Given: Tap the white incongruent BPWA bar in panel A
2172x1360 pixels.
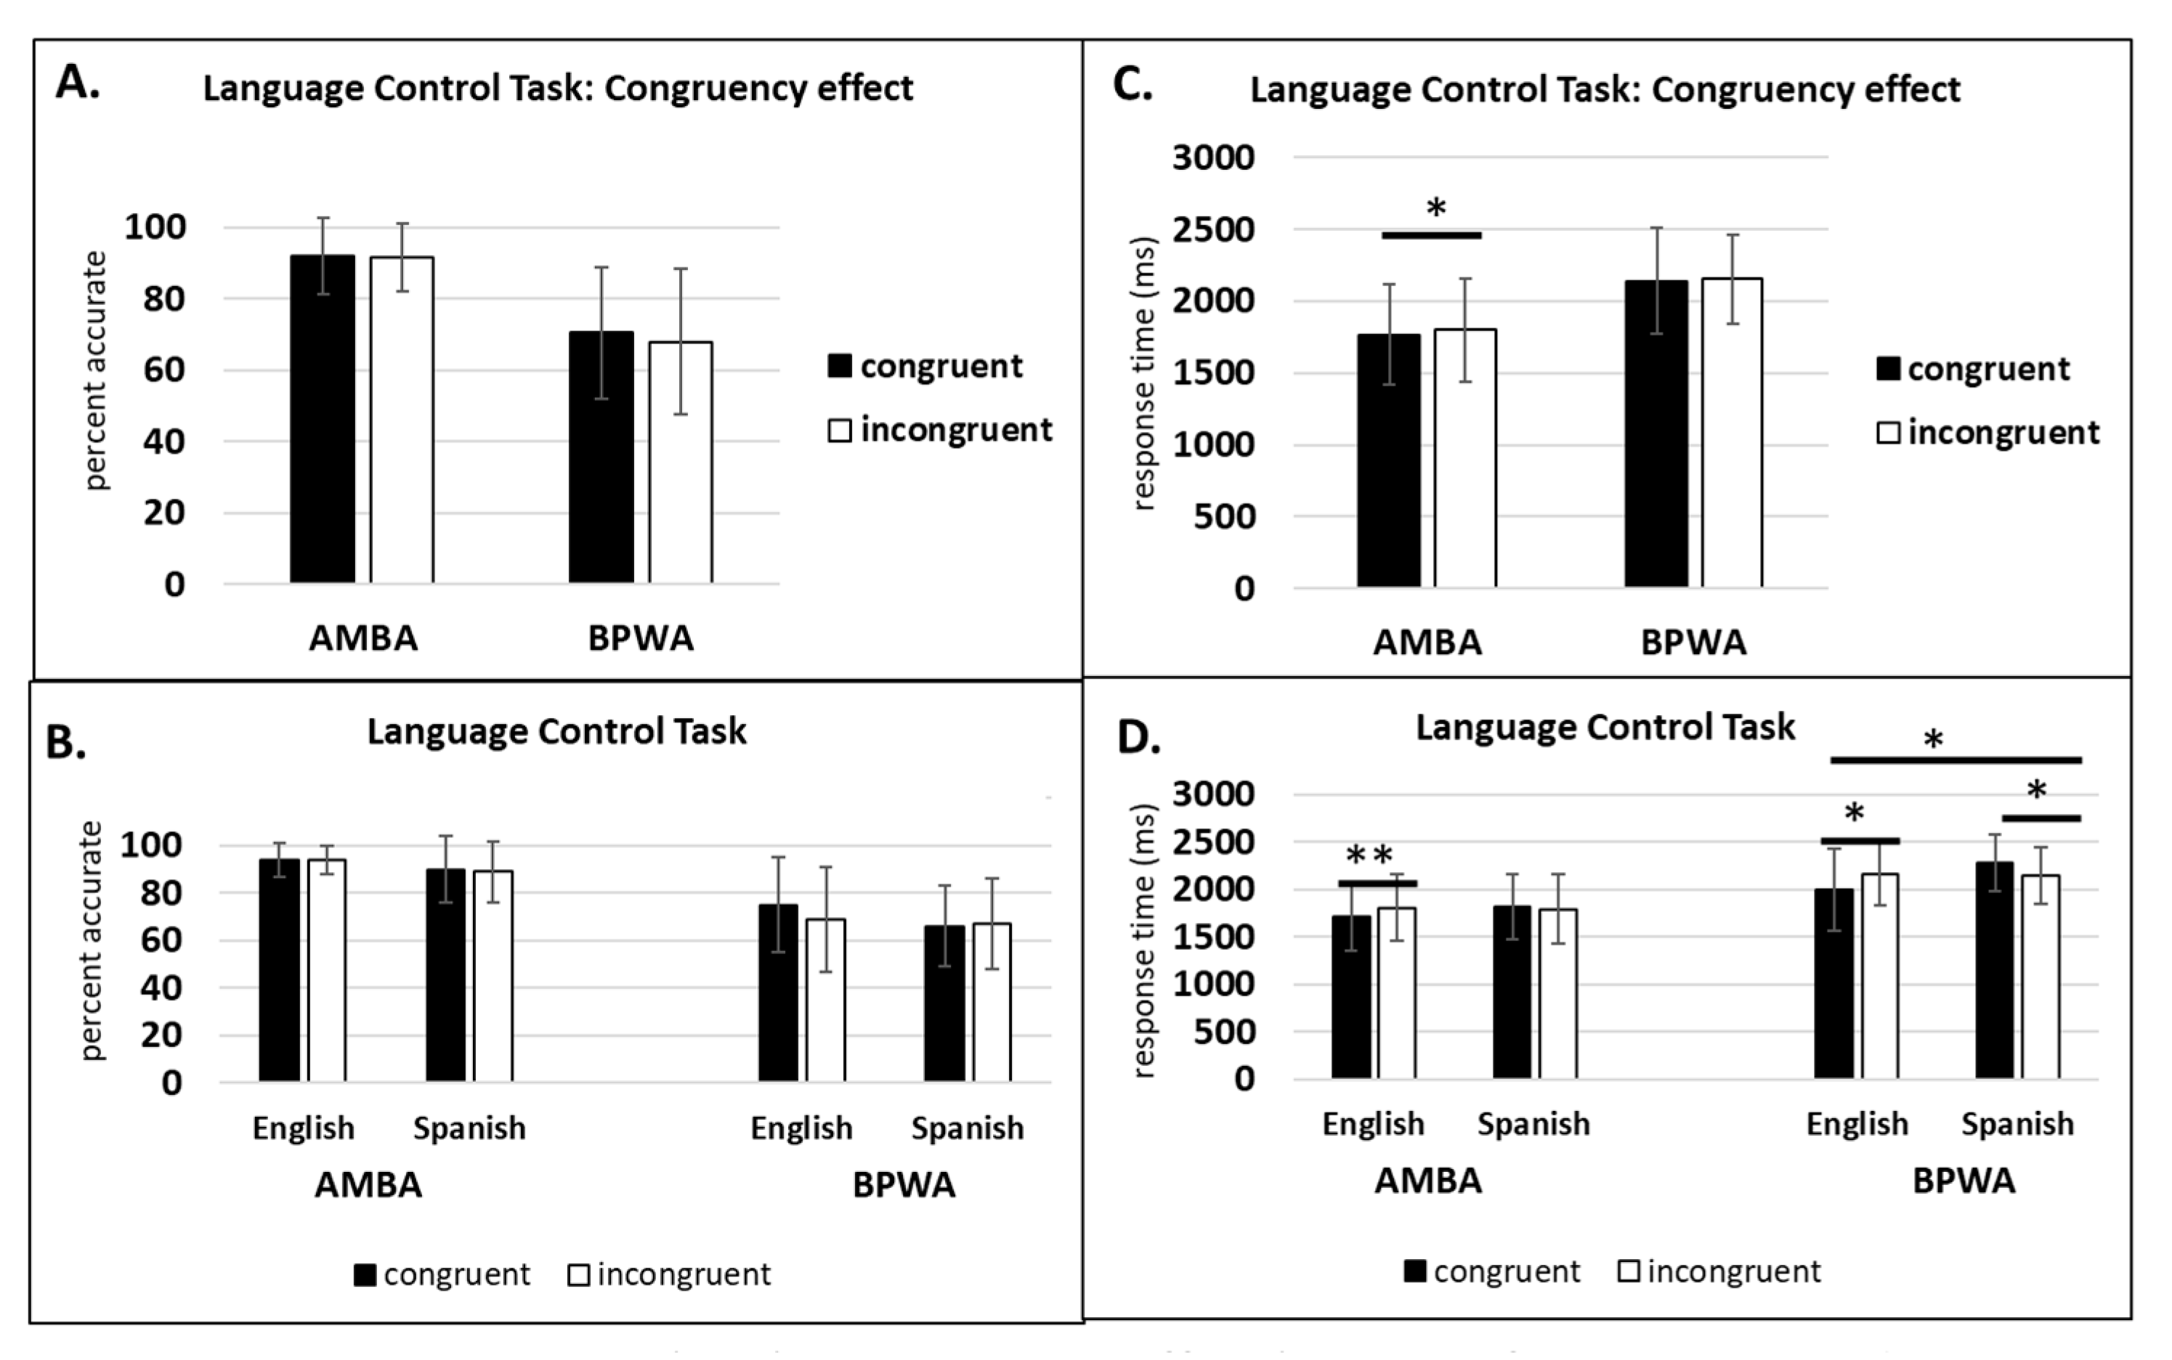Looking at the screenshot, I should [x=680, y=463].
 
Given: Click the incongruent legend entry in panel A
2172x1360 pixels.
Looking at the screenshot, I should [x=940, y=431].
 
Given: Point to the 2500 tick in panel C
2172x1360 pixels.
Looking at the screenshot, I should [x=1213, y=229].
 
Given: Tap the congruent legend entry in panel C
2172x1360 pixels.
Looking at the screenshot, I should [x=1974, y=369].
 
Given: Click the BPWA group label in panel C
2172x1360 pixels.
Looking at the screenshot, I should [x=1693, y=642].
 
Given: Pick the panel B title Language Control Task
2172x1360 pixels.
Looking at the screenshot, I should [x=556, y=731].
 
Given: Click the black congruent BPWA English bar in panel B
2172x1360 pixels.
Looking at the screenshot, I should [x=777, y=993].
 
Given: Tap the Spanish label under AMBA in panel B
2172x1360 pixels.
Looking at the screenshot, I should [x=469, y=1128].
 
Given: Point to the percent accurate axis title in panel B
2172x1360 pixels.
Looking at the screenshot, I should [x=91, y=941].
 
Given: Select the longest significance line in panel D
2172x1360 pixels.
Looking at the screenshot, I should [x=1955, y=761].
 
